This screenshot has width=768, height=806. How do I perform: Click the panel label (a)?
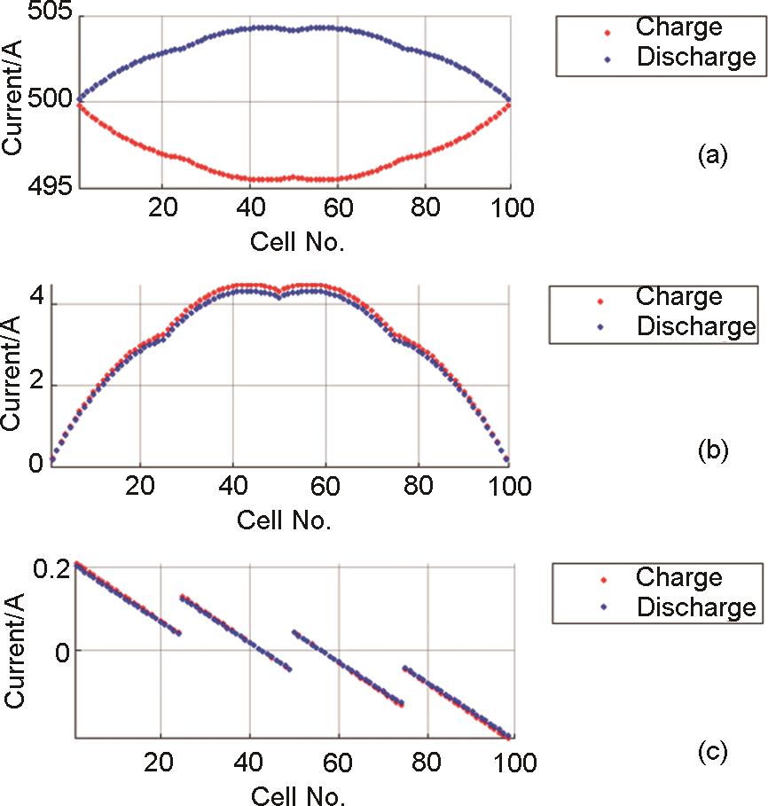click(712, 156)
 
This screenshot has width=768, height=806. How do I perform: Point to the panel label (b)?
click(712, 450)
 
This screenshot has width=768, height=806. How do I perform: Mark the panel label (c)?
click(712, 753)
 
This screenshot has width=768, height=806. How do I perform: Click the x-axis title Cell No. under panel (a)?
click(298, 241)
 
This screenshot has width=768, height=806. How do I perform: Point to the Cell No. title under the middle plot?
click(284, 520)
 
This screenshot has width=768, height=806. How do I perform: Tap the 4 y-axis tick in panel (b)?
click(35, 303)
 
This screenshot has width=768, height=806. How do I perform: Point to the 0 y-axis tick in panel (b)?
click(35, 463)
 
